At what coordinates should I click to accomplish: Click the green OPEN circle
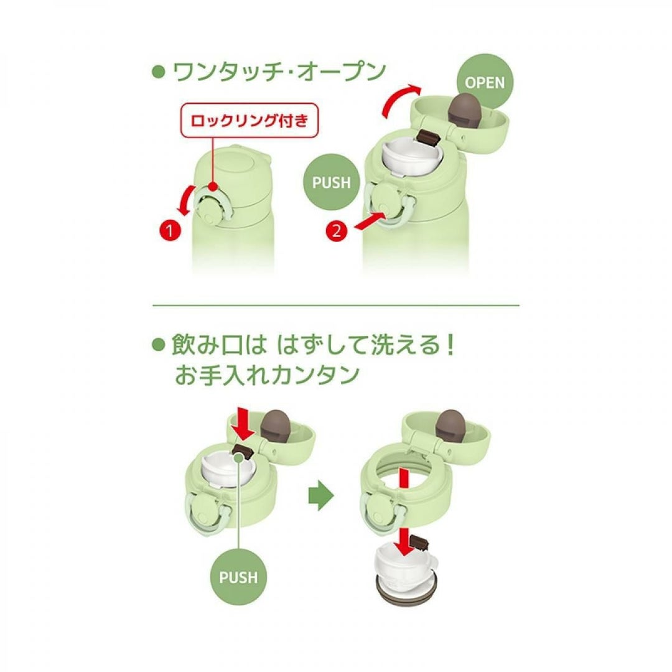click(485, 82)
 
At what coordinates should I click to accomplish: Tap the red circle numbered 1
click(170, 231)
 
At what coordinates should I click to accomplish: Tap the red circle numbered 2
click(337, 231)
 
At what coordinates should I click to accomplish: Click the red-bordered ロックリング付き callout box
click(250, 120)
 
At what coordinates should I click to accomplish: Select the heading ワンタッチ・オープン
click(279, 72)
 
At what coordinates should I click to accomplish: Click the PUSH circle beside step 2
click(331, 182)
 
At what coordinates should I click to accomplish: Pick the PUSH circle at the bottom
click(238, 577)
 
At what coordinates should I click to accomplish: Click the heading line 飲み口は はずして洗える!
click(312, 345)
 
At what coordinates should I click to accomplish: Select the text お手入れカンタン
click(267, 375)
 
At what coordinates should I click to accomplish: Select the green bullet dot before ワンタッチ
click(159, 72)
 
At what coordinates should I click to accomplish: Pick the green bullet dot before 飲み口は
click(159, 345)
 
